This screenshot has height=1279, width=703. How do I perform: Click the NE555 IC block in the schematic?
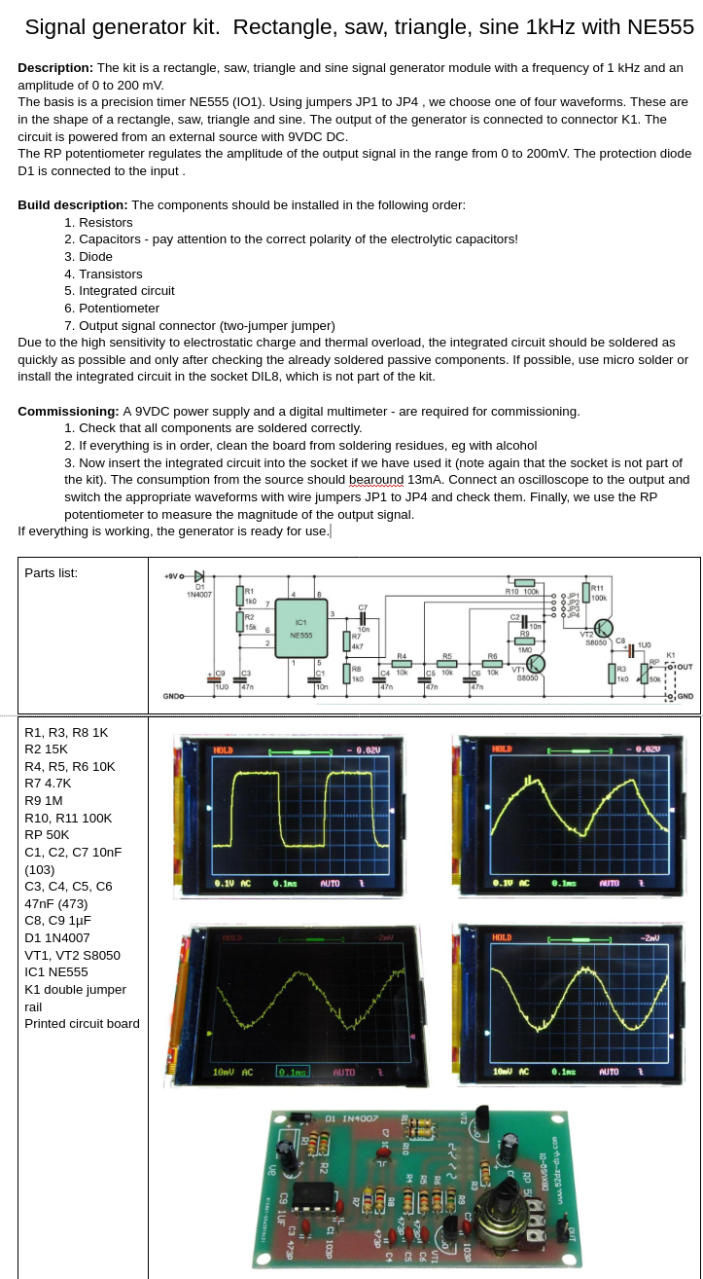tap(301, 628)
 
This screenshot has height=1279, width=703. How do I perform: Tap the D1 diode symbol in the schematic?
tap(199, 576)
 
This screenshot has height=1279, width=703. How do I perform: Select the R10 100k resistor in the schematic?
tap(524, 582)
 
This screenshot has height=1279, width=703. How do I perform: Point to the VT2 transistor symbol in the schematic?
tap(604, 628)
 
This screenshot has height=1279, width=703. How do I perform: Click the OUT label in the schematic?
tap(685, 667)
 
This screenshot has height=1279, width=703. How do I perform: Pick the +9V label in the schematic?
tap(172, 576)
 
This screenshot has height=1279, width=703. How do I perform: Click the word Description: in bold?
tap(55, 68)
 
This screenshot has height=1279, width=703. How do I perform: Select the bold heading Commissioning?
tap(68, 411)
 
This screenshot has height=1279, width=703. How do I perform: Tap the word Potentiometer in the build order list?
tap(119, 308)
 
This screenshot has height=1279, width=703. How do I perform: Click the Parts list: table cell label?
tap(51, 572)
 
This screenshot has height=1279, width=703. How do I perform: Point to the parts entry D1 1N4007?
tap(56, 937)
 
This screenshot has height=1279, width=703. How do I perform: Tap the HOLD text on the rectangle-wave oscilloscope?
tap(224, 749)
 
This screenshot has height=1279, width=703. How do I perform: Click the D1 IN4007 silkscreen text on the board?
tap(351, 1118)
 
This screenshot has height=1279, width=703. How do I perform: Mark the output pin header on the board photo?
tap(562, 1231)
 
